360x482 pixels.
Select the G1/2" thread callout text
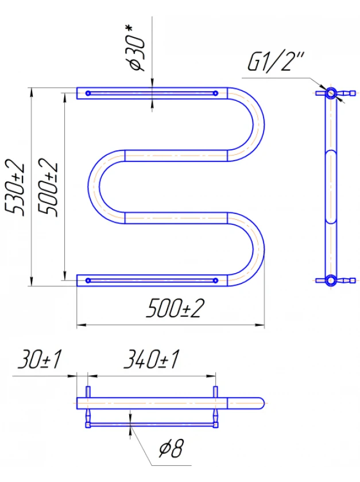(x=276, y=62)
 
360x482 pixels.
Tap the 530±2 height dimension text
(x=14, y=187)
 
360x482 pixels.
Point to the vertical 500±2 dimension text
(x=48, y=187)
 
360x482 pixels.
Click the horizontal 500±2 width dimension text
(x=175, y=308)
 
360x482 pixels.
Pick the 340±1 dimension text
(x=151, y=359)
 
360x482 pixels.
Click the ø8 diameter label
(x=171, y=448)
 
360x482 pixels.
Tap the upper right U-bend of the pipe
(x=258, y=124)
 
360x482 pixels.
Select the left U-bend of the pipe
(x=94, y=186)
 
